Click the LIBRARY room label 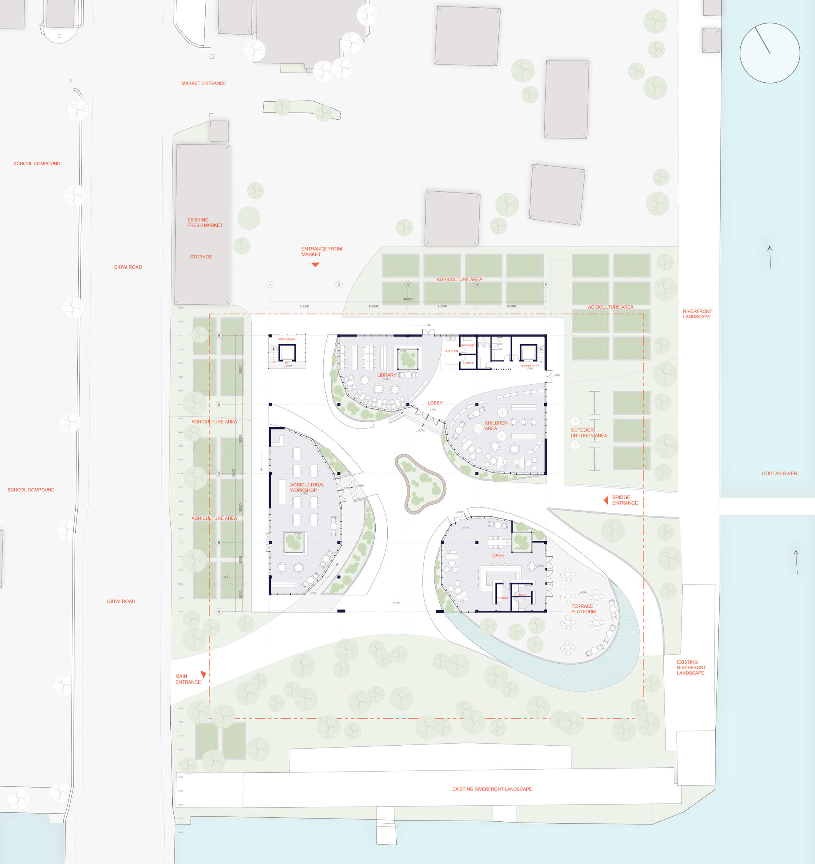[387, 375]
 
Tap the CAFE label [498, 555]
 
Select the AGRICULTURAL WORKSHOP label [307, 487]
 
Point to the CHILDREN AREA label [496, 425]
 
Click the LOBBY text [435, 403]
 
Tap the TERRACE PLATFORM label [583, 609]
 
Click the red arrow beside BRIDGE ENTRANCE [606, 500]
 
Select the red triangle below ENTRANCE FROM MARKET [316, 264]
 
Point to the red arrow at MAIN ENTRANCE [203, 674]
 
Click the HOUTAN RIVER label [779, 473]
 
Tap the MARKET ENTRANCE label [203, 83]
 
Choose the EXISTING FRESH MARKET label [205, 222]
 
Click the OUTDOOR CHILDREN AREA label [588, 432]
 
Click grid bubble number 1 [270, 285]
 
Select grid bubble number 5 [546, 285]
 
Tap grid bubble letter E [219, 335]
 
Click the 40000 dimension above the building [408, 299]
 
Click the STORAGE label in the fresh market [201, 257]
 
